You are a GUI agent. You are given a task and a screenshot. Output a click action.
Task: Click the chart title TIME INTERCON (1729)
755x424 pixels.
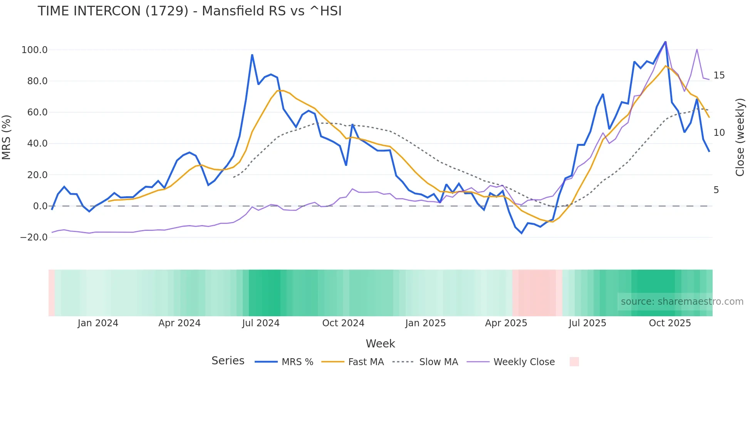pos(190,11)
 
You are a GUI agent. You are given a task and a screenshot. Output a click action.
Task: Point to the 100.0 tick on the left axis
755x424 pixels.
pos(35,50)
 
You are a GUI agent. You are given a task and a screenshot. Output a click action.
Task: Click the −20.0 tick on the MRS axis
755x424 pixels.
pos(34,237)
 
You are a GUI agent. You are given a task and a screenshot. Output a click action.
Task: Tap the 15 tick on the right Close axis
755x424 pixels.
pos(719,75)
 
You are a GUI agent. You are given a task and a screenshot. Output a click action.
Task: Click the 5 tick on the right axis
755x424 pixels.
pos(716,190)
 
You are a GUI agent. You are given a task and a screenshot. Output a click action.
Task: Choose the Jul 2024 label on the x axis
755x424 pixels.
pos(261,323)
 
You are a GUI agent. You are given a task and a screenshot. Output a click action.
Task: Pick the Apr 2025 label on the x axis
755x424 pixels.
pos(506,323)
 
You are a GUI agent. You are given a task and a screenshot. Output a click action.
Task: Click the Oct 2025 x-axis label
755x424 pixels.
pos(670,323)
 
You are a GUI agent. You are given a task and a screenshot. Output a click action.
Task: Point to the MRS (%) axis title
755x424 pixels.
pos(7,137)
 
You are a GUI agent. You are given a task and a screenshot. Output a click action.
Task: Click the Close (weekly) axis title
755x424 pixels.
pos(740,137)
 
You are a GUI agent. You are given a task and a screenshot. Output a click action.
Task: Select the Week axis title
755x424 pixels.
pos(380,344)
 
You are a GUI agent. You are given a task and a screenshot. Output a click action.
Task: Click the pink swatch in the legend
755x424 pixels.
pos(574,362)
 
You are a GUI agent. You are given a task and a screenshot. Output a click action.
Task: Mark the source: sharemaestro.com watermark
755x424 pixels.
pos(682,302)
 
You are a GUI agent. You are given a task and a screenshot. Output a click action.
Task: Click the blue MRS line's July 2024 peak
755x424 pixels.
pos(252,55)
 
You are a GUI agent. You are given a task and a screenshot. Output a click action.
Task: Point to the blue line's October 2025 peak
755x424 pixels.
pos(665,42)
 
